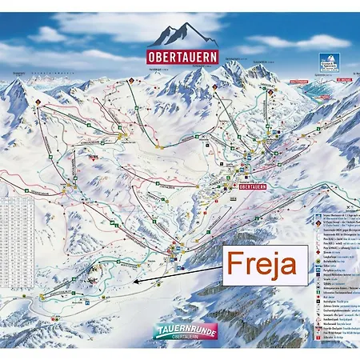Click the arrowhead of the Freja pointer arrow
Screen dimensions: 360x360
pos(135,282)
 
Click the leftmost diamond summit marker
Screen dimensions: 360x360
pos(35,102)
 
